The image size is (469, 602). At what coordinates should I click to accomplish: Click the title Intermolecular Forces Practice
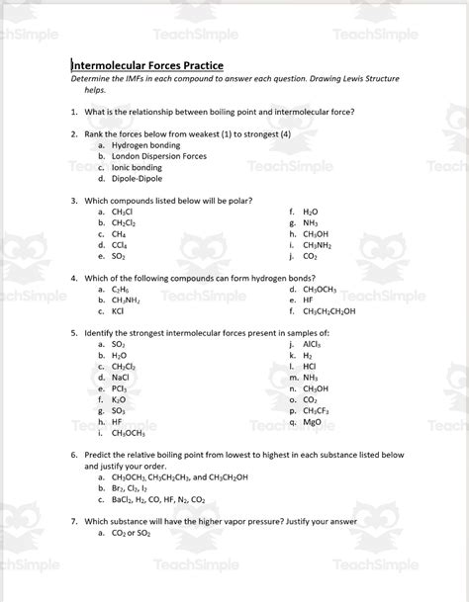pyautogui.click(x=153, y=65)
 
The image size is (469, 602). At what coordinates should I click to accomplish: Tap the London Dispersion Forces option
pyautogui.click(x=158, y=156)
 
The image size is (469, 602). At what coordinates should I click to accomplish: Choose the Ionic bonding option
pyautogui.click(x=137, y=168)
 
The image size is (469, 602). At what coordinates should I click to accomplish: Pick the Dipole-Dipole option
pyautogui.click(x=136, y=179)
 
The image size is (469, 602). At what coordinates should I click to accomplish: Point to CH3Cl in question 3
pyautogui.click(x=123, y=212)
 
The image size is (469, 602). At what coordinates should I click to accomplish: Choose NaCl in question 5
pyautogui.click(x=121, y=377)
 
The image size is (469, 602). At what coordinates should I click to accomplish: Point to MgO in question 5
pyautogui.click(x=312, y=421)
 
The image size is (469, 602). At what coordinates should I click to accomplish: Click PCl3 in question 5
pyautogui.click(x=120, y=388)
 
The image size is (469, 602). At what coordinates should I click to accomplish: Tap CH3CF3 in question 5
pyautogui.click(x=316, y=410)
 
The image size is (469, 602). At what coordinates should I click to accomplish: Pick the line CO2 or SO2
pyautogui.click(x=132, y=533)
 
